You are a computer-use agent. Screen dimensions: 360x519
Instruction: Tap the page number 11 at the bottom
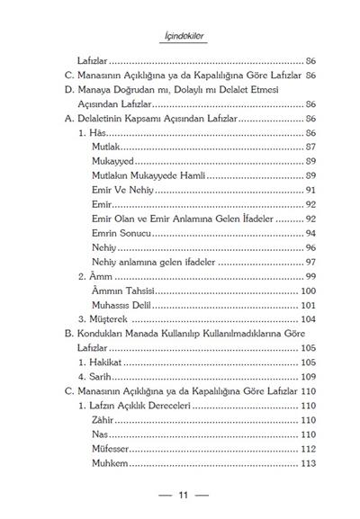point(182,494)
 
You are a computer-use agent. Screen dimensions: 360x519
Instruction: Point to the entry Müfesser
point(112,448)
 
